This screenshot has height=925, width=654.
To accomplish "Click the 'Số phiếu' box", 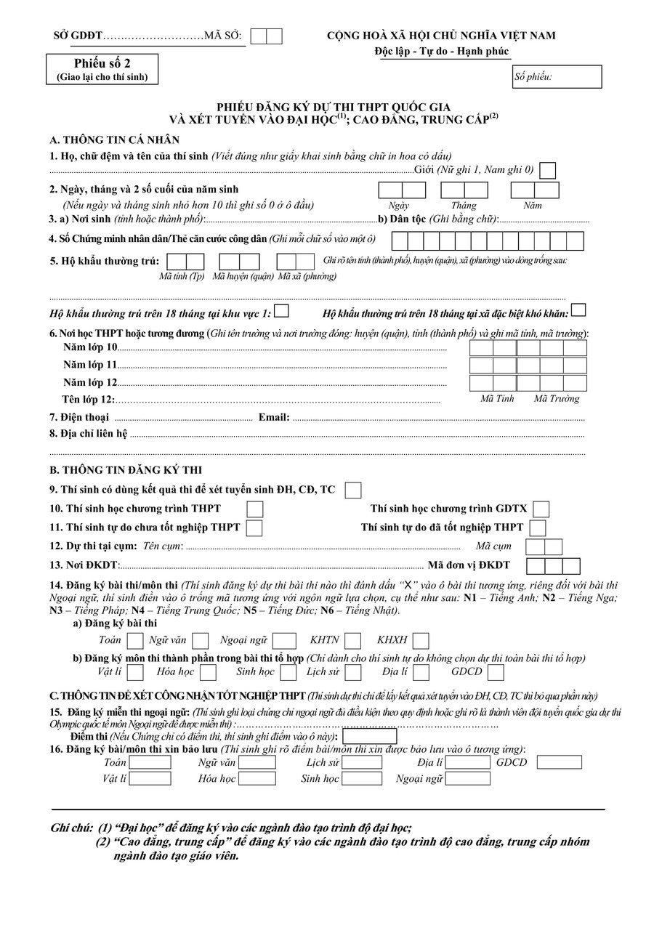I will (x=557, y=76).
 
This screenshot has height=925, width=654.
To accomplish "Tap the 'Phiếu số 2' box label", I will (x=102, y=63).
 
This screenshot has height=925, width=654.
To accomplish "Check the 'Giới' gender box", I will (x=548, y=171).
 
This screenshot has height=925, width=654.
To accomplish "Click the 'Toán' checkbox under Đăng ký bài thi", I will (x=135, y=640).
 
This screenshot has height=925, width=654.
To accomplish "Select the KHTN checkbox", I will (x=353, y=640).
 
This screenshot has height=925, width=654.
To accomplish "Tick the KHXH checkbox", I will (x=421, y=640).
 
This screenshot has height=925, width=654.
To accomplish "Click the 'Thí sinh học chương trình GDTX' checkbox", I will (x=541, y=509).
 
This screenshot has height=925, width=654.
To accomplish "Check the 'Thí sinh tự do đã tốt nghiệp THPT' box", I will (x=538, y=528).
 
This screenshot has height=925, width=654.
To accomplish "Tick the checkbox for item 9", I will (x=353, y=490).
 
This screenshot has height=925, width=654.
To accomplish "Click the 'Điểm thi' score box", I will (x=370, y=737).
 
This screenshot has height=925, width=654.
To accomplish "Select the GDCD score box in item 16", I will (x=559, y=762).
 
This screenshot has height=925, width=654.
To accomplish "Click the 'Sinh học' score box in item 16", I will (x=362, y=778).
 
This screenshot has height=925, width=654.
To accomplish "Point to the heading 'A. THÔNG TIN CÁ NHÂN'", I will (x=115, y=140).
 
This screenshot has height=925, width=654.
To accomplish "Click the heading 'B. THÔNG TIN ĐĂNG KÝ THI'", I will (x=126, y=469).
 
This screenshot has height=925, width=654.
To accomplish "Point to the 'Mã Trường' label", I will (x=557, y=398).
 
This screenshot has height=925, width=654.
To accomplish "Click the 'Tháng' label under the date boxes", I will (x=464, y=206).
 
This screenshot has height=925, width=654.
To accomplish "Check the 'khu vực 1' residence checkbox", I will (x=282, y=311).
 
